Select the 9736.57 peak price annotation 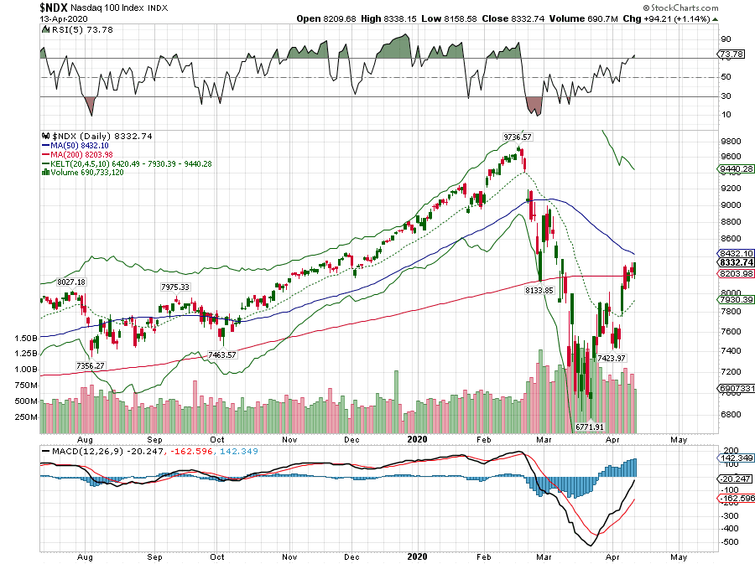click(518, 137)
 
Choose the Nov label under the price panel click(290, 439)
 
